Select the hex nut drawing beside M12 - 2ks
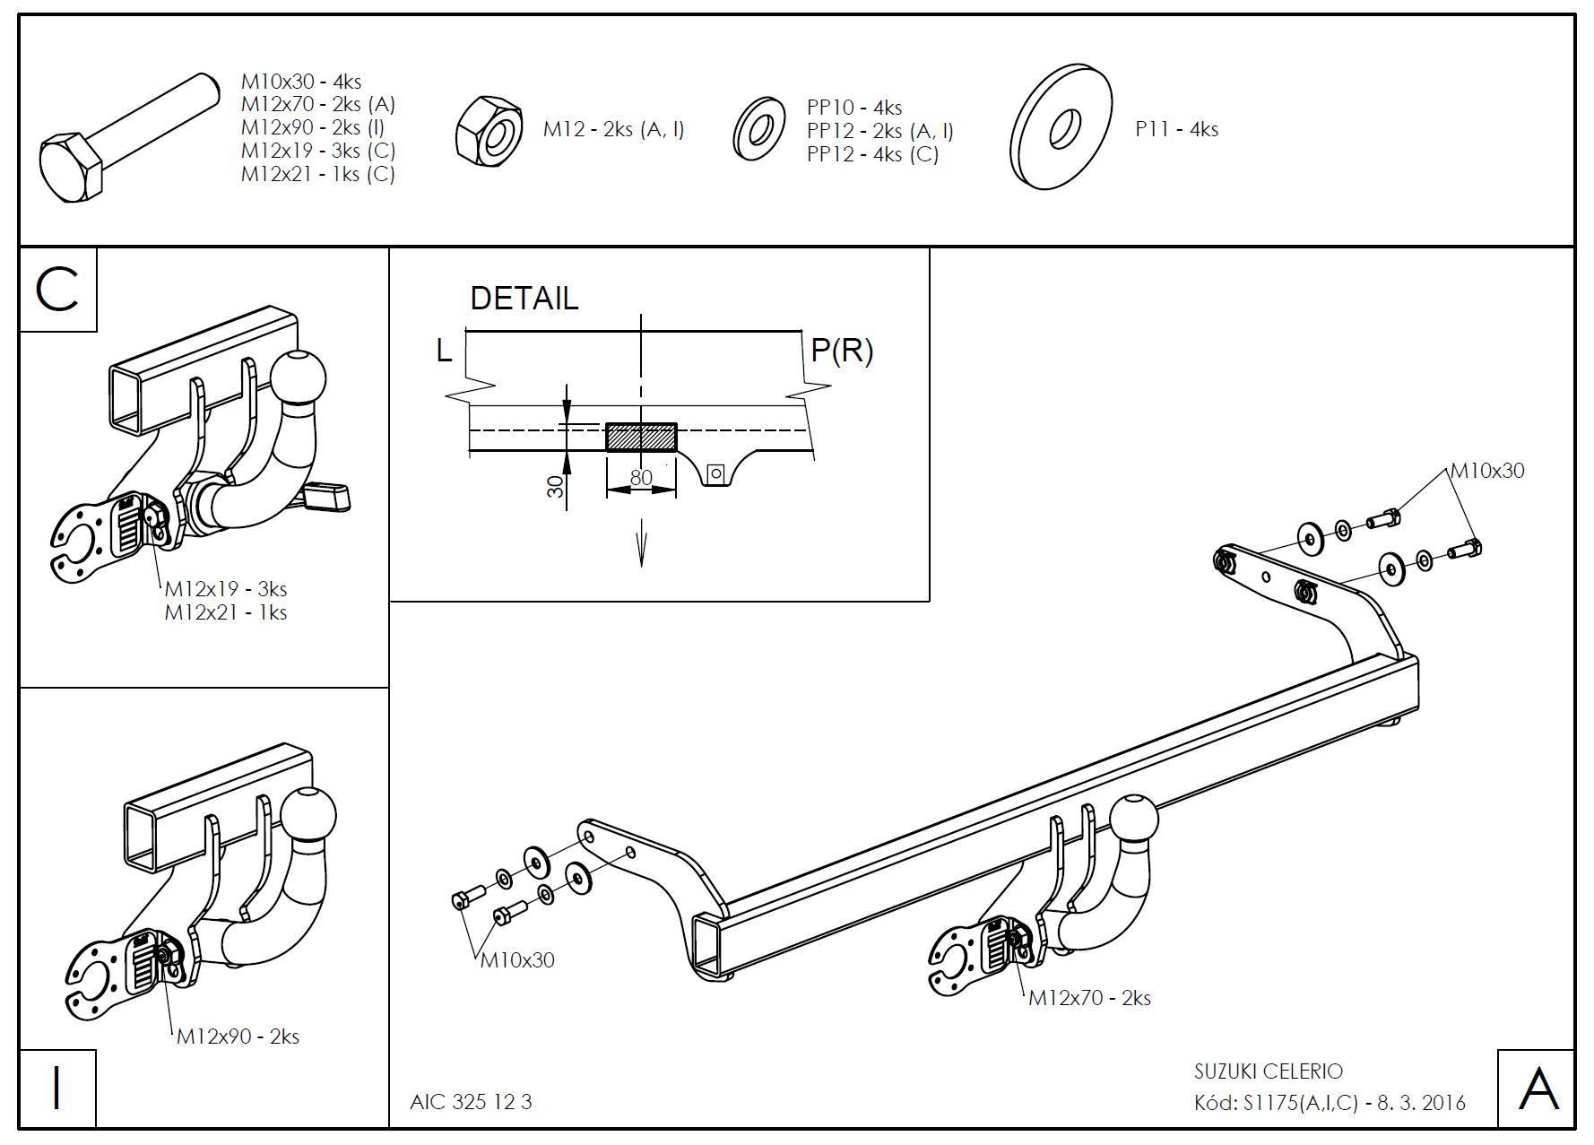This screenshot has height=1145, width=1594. (x=489, y=131)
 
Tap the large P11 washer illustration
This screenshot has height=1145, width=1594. (x=1062, y=127)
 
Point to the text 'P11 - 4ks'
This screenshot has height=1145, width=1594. (x=1176, y=129)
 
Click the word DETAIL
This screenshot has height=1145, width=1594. (x=524, y=299)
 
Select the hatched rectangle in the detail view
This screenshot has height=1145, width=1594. (x=641, y=437)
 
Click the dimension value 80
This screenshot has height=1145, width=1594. (x=641, y=478)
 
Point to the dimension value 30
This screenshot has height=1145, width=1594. (x=556, y=487)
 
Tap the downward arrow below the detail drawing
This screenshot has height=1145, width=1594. (x=642, y=547)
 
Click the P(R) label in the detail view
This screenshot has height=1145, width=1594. (x=842, y=351)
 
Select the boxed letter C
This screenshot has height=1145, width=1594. (x=57, y=290)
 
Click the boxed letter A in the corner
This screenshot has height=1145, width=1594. (x=1537, y=1089)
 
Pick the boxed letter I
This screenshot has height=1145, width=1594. (x=57, y=1089)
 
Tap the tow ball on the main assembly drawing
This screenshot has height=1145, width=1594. (x=1134, y=819)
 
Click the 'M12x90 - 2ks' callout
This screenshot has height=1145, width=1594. (x=238, y=1037)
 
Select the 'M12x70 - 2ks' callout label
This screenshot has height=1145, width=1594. (x=1089, y=998)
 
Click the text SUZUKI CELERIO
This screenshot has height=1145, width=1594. (x=1268, y=1071)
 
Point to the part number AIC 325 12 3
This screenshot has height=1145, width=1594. (x=471, y=1102)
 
